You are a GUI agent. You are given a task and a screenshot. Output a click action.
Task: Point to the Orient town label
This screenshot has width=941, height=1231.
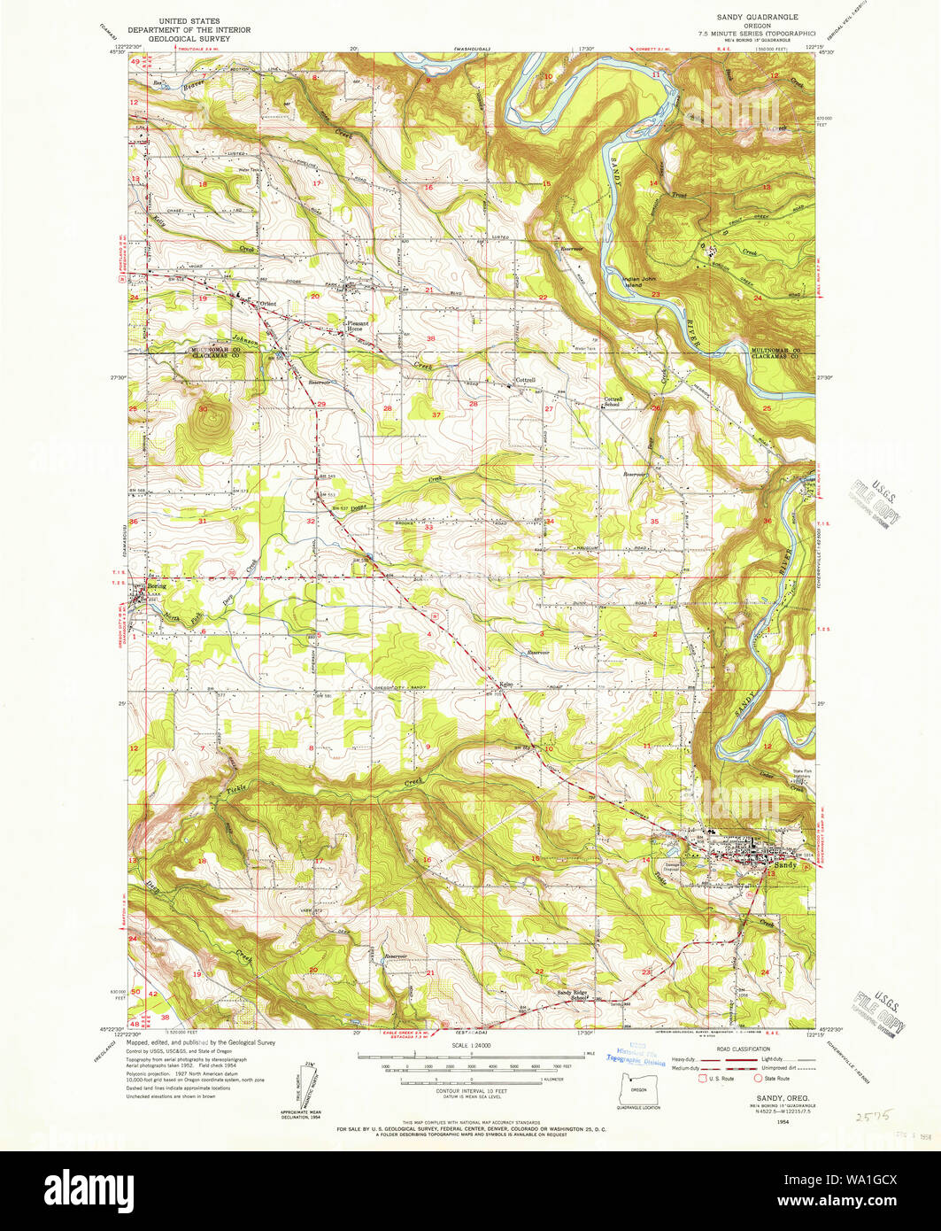pos(266,304)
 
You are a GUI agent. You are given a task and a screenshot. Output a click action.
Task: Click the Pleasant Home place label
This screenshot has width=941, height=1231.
pos(356,325)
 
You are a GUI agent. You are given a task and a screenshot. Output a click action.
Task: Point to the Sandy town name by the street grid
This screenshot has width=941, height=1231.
pos(785,865)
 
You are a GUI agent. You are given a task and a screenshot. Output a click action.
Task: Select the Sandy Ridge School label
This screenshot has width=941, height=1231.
pos(573,995)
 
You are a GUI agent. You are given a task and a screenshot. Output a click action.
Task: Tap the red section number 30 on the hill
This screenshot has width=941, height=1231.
pos(203,408)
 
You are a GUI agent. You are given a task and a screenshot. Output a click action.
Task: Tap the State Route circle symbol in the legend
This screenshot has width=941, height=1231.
pos(758,1079)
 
